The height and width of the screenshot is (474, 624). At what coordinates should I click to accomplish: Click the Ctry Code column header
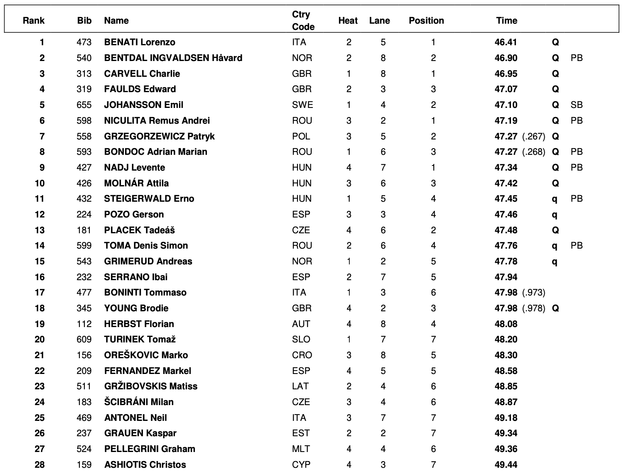click(x=303, y=20)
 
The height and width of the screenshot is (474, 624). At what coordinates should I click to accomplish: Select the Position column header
click(x=426, y=20)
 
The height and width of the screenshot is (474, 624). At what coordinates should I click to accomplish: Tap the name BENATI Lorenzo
click(x=140, y=42)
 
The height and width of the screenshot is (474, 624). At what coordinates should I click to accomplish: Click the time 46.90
click(x=506, y=58)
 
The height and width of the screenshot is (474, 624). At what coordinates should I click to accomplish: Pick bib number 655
click(x=84, y=105)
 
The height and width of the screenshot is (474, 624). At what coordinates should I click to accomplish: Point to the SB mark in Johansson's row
click(x=576, y=105)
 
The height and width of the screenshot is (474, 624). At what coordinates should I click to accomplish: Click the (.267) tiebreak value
click(x=533, y=136)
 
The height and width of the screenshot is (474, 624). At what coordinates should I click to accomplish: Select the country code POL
click(x=301, y=136)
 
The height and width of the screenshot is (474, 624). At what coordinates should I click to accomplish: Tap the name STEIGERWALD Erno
click(x=149, y=198)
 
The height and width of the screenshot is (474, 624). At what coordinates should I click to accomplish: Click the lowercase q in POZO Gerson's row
click(x=554, y=215)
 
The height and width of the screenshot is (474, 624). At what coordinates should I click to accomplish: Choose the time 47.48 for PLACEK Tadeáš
click(x=506, y=230)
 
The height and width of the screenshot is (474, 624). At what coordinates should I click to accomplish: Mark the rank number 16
click(x=39, y=277)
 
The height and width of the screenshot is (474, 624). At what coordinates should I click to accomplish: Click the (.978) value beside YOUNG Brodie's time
click(x=533, y=308)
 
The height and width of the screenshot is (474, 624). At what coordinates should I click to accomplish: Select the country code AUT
click(x=301, y=324)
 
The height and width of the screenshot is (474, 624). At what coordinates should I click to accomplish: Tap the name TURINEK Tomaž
click(x=140, y=339)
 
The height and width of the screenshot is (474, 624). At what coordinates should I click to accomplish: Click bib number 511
click(x=84, y=386)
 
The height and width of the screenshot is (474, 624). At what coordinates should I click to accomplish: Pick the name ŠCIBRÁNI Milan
click(x=139, y=402)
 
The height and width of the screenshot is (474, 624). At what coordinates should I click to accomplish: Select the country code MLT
click(x=300, y=449)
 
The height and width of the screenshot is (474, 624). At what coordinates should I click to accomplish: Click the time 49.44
click(x=506, y=464)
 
